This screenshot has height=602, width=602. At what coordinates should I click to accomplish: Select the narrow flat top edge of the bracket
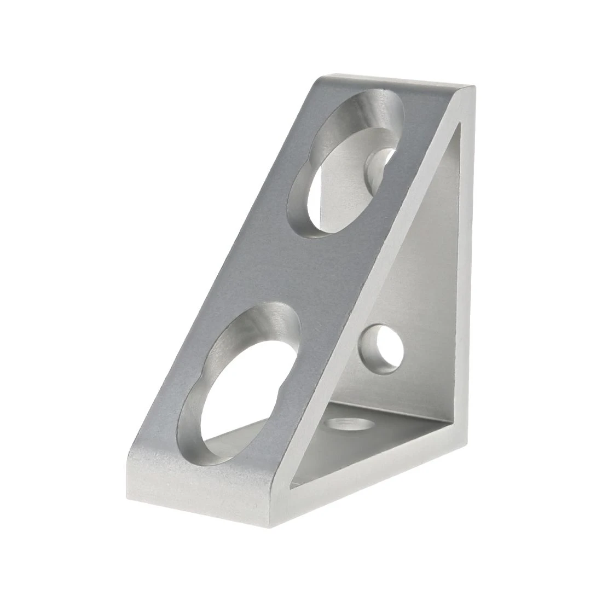[394, 82]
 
